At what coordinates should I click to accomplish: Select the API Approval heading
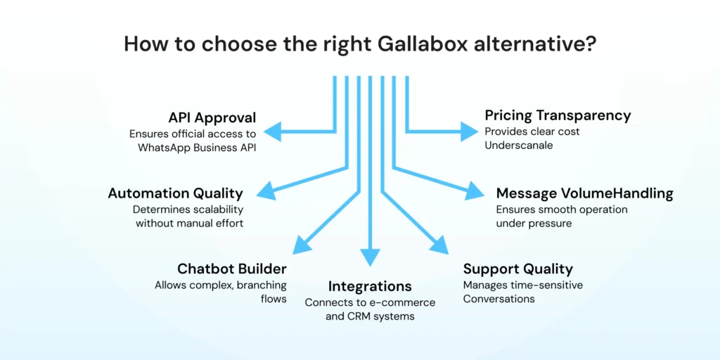[212, 117]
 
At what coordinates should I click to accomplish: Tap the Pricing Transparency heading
[558, 115]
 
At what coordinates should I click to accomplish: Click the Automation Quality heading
[175, 193]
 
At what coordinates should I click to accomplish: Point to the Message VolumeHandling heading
[584, 193]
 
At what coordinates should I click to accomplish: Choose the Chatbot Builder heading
[231, 269]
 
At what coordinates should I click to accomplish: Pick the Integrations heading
[370, 286]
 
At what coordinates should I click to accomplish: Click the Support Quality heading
[517, 269]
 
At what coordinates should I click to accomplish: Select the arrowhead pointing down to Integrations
[370, 258]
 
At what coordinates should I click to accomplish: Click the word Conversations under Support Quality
[499, 299]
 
